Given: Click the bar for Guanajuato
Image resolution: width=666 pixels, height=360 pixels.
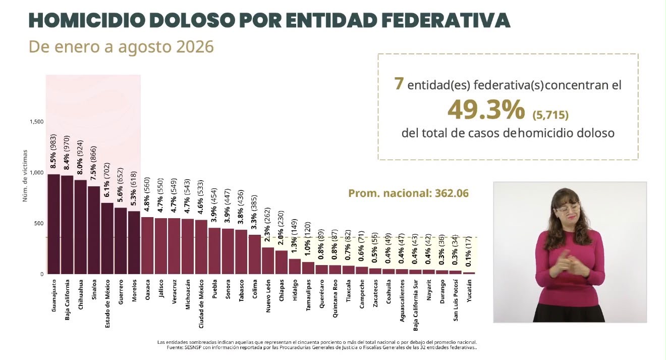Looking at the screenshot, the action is coord(54,224).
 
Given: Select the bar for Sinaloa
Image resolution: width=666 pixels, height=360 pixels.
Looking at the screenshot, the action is coord(94,230).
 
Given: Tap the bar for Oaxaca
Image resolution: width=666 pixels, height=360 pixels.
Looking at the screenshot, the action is coord(147,245).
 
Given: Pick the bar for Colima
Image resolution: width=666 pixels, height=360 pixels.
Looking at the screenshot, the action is coord(255,254).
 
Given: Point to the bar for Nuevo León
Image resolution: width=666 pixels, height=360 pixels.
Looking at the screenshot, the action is coord(268,261).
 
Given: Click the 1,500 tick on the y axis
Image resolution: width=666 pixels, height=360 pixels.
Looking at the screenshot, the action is coord(36,122).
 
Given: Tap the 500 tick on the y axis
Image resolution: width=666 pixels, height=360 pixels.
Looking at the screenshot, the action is coord(39,224).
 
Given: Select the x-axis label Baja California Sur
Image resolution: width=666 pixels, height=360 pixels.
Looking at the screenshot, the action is coord(416,305).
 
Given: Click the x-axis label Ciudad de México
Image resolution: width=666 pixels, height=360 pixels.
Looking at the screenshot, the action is coord(201,304).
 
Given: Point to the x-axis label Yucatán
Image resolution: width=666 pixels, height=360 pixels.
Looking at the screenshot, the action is coord(469,291).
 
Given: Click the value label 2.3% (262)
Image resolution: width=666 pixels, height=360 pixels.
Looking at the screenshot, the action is coord(267,225).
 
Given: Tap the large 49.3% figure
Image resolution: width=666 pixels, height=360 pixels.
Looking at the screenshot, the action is coord(486,110).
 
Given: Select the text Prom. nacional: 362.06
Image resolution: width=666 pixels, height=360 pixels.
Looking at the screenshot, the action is coord(409,193).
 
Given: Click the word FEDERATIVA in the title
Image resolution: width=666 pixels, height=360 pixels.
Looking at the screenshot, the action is coord(446,20).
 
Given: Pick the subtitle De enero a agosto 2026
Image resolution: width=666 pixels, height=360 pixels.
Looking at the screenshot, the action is coord(121,47).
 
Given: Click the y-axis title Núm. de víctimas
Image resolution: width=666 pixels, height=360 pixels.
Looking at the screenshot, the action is coord(25,176).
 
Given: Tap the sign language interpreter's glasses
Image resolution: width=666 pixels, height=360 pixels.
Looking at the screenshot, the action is coord(568,209).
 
